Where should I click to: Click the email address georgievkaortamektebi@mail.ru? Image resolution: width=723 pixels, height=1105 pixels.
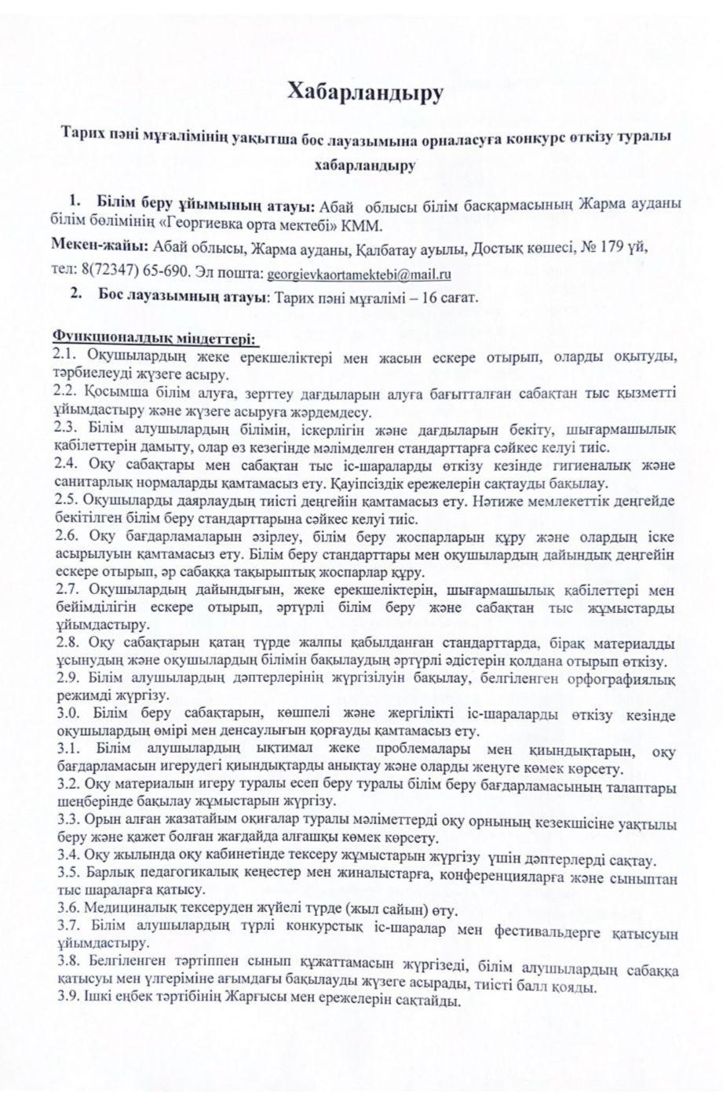(358, 275)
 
